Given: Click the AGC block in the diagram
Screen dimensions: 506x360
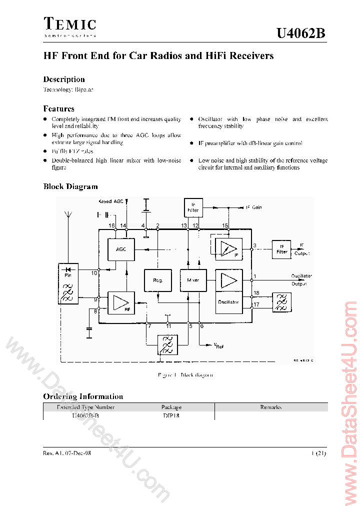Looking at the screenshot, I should point(121,248).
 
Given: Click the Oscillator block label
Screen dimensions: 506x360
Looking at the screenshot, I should point(228,302).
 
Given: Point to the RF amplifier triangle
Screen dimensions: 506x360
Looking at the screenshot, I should point(120,302).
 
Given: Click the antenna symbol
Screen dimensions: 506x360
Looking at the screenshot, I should point(68,216).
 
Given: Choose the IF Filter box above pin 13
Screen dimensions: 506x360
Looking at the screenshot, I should point(193,207).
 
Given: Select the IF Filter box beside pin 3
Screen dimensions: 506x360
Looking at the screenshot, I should point(282,249).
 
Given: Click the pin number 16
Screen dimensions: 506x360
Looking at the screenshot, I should point(112,226).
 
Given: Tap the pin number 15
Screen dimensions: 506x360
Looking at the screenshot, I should point(225,226).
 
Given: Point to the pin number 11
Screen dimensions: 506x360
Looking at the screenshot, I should point(168,326).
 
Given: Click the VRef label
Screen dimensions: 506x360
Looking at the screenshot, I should point(219,344).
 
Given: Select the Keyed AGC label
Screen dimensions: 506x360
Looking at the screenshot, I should point(110,201).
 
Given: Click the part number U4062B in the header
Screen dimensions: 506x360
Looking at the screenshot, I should point(301,33).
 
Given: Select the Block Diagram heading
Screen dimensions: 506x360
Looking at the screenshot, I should point(70,186).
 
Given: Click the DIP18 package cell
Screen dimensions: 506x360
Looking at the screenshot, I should point(171,415).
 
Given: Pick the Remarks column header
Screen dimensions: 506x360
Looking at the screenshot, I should point(270,407).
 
